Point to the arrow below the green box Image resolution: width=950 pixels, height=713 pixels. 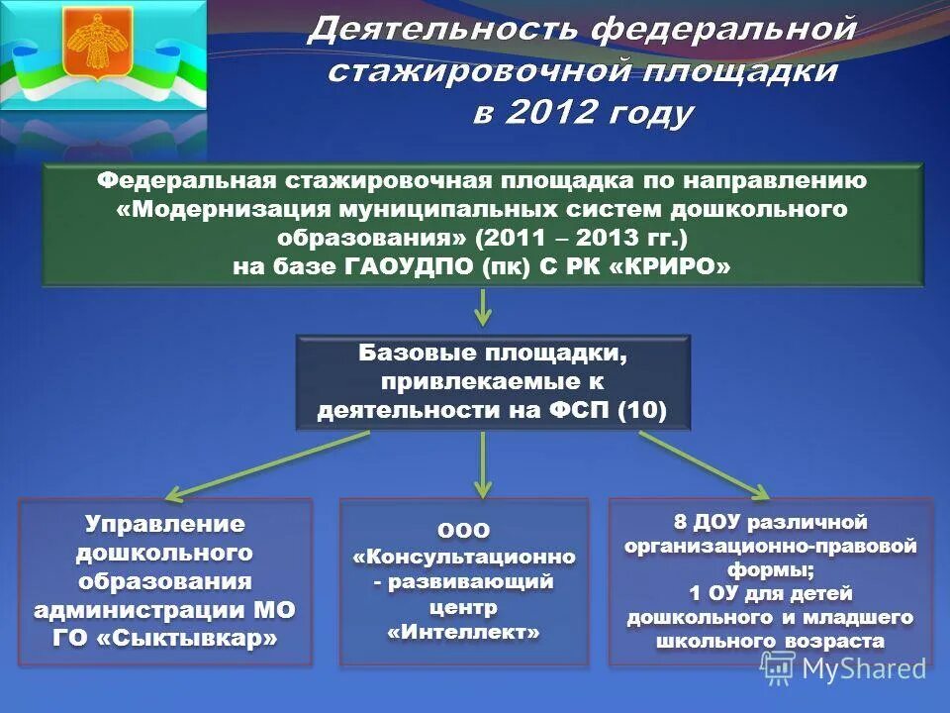point(482,309)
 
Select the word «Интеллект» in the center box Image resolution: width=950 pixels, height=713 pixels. point(464,631)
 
